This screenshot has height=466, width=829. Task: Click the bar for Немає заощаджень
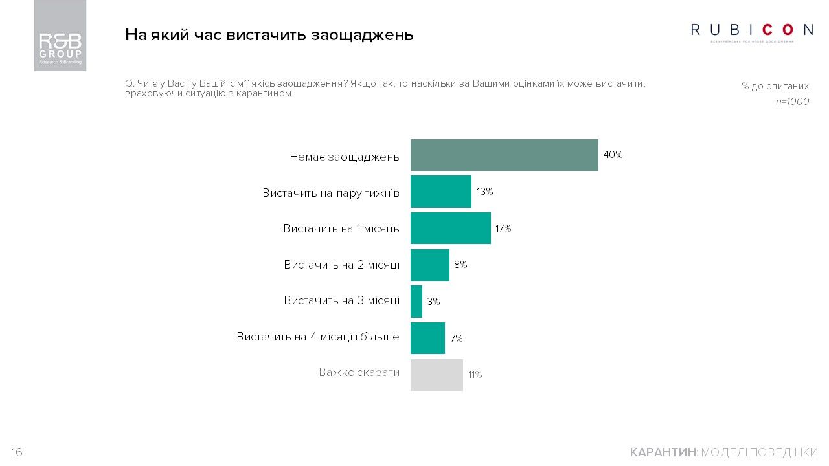[504, 155]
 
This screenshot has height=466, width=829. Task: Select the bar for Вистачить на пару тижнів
[440, 192]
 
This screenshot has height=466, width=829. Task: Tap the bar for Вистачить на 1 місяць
[450, 228]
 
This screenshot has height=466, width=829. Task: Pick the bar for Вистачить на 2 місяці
[429, 265]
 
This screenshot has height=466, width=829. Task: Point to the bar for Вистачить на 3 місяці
[416, 302]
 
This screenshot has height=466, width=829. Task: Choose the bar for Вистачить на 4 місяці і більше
[427, 338]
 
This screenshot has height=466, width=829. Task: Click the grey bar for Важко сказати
[437, 375]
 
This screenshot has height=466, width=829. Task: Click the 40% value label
[613, 155]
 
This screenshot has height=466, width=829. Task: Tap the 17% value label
[503, 228]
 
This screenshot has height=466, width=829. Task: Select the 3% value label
[433, 302]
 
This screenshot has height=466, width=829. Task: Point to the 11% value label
[475, 375]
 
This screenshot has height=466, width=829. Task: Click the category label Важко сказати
[359, 373]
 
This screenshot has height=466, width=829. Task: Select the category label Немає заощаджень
[344, 157]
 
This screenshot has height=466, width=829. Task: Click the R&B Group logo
[60, 36]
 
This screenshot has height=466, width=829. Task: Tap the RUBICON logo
[752, 30]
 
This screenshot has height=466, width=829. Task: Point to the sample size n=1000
[792, 102]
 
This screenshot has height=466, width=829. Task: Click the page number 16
[17, 452]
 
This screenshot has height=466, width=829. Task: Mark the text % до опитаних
[775, 86]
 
